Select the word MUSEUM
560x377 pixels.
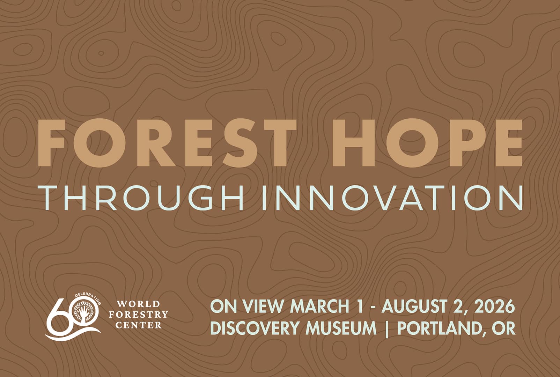tap(341, 328)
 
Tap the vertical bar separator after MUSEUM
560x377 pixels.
tap(387, 329)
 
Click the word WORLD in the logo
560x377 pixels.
tap(138, 304)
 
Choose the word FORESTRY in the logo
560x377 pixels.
tap(138, 315)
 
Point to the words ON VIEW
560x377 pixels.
tap(246, 306)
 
